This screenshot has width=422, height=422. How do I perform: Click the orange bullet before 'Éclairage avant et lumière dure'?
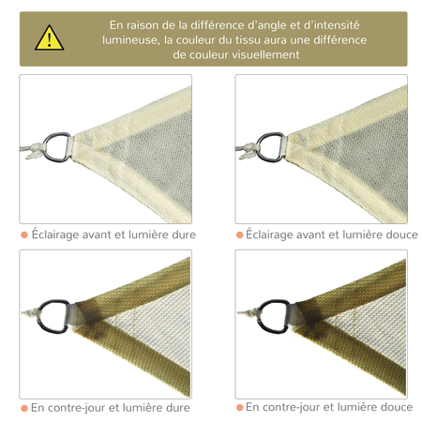[x=23, y=234]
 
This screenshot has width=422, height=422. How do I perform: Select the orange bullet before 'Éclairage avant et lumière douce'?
[x=239, y=234]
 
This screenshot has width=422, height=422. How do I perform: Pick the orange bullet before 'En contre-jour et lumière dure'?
[x=23, y=408]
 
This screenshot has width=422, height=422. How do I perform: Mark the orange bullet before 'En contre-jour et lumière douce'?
[x=239, y=408]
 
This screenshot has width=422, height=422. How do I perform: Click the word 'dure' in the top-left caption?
[x=180, y=234]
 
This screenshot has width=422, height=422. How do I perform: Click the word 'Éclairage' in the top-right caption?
[x=274, y=234]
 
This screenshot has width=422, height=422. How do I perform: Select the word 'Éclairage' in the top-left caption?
[x=58, y=234]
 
